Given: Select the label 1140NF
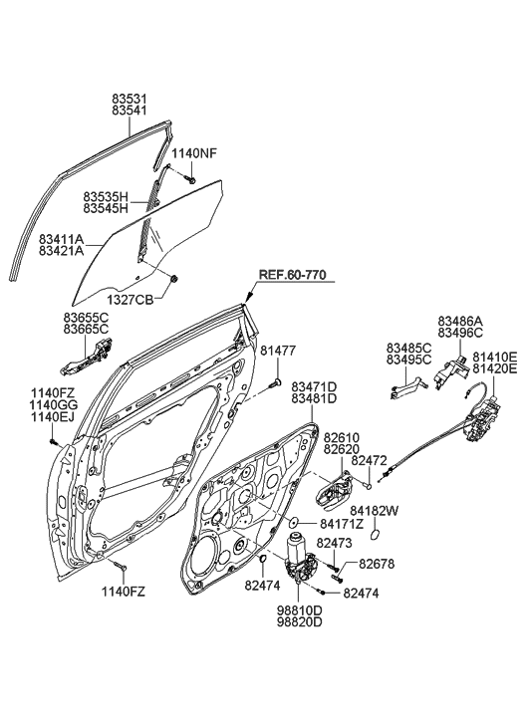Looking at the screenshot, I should pyautogui.click(x=192, y=153).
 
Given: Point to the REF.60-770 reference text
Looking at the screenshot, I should pyautogui.click(x=292, y=275).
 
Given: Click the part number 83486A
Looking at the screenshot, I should pyautogui.click(x=459, y=321).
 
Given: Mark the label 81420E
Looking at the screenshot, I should pyautogui.click(x=494, y=367).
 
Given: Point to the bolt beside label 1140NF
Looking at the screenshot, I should pyautogui.click(x=189, y=178).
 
